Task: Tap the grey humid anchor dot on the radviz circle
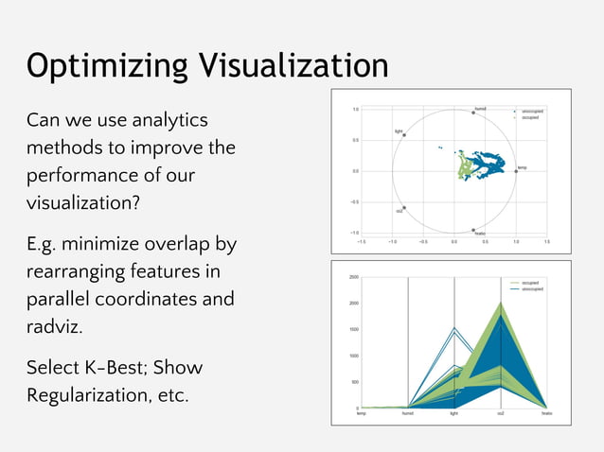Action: click(473, 113)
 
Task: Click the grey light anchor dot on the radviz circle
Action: click(404, 135)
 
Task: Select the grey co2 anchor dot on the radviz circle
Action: click(404, 208)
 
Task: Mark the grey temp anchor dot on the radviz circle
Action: click(516, 171)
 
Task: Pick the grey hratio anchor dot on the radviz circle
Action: click(473, 230)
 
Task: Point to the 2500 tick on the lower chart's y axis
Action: click(351, 277)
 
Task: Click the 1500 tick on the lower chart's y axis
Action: click(351, 330)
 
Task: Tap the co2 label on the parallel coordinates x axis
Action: click(500, 414)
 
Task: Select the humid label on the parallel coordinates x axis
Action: click(407, 414)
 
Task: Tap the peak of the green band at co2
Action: click(500, 304)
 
